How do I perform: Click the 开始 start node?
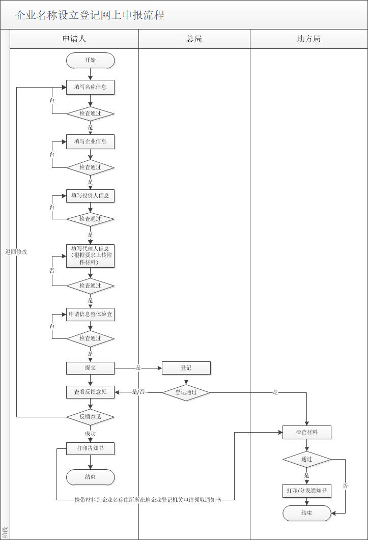point(90,60)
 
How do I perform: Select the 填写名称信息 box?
point(90,87)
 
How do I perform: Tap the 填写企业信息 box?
point(90,141)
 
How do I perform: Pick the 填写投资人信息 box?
point(90,195)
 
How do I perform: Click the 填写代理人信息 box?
point(90,255)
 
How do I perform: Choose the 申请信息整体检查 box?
point(90,315)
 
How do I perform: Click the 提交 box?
point(90,367)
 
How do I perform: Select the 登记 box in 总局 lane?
point(186,367)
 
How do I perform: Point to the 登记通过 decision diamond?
point(186,392)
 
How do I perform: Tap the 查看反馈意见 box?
point(90,392)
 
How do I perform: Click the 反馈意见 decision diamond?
point(90,417)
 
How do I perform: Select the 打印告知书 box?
point(90,448)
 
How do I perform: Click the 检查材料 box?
point(306,432)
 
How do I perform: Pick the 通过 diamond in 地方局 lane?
point(306,459)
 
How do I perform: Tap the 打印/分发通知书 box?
point(306,491)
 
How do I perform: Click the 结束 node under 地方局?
point(306,513)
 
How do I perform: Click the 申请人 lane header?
point(74,39)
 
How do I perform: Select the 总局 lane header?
point(194,39)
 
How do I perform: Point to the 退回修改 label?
point(16,252)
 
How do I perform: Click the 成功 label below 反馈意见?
point(90,433)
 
